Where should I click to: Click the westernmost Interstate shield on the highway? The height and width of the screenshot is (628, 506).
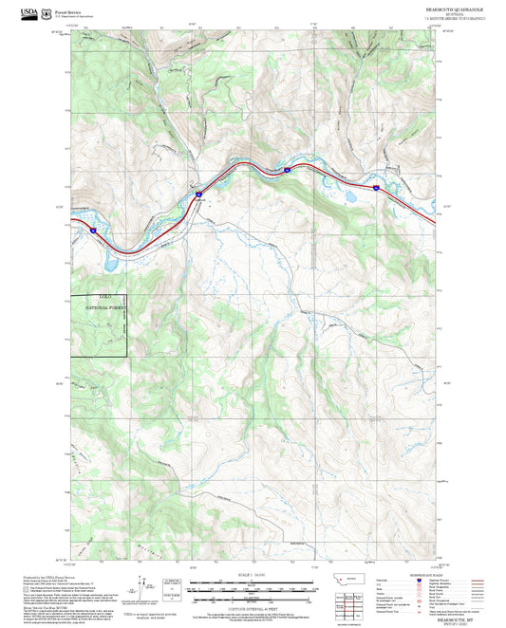93,230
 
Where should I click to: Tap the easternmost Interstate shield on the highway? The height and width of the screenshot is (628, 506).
376,189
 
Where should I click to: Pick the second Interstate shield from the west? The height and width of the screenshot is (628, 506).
199,194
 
